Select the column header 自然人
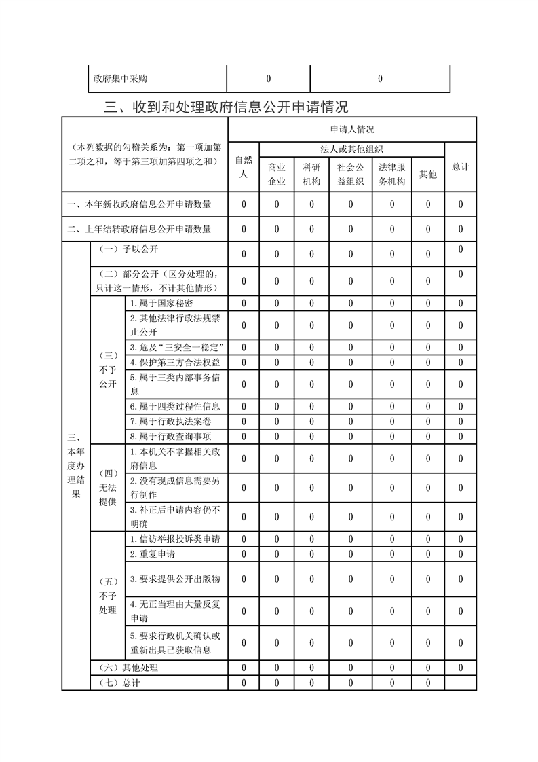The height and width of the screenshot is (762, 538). point(244,167)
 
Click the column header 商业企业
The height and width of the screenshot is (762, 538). point(277,174)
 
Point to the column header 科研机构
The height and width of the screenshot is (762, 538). point(311,174)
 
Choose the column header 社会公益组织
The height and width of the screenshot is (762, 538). point(351,174)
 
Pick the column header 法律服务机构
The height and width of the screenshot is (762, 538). point(391,174)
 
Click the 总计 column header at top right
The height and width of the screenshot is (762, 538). point(460,167)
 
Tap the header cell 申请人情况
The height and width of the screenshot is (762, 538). point(352,129)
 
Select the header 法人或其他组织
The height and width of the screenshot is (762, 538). point(351,149)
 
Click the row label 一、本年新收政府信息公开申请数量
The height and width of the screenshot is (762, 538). point(138,204)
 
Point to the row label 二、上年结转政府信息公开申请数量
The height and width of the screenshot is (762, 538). point(138,230)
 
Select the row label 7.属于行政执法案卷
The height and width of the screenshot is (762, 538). point(166,422)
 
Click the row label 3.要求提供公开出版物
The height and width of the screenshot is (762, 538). point(175,580)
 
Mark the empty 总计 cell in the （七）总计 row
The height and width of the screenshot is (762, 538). point(461,683)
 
